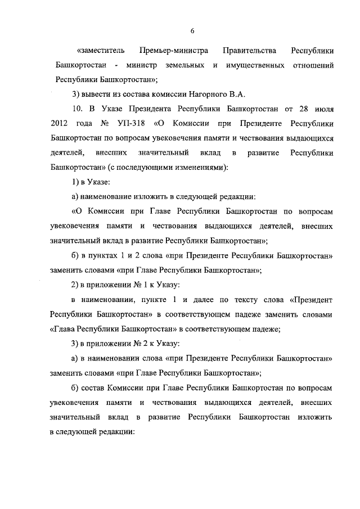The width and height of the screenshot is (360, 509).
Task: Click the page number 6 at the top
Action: [x=192, y=30]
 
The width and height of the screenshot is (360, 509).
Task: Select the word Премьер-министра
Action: [x=174, y=51]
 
